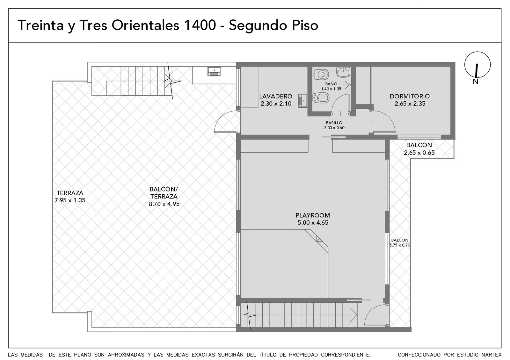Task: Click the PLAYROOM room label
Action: pos(313,215)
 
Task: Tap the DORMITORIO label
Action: pos(410,96)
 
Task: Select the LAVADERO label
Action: pos(276,96)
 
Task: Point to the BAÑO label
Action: pos(331,84)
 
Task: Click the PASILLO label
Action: pos(334,123)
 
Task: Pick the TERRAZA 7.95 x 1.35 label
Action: pos(70,197)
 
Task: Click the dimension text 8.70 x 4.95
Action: pos(164,204)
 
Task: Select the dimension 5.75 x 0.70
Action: pos(400,245)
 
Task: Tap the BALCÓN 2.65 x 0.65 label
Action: pos(419,149)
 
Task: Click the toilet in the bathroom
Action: pos(321,75)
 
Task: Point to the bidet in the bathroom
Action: pos(321,98)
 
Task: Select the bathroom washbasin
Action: pos(343,72)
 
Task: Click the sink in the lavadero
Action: pos(302,101)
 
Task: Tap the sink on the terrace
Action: pos(214,71)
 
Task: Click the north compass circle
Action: pos(477,65)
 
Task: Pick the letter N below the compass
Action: pos(476,82)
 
